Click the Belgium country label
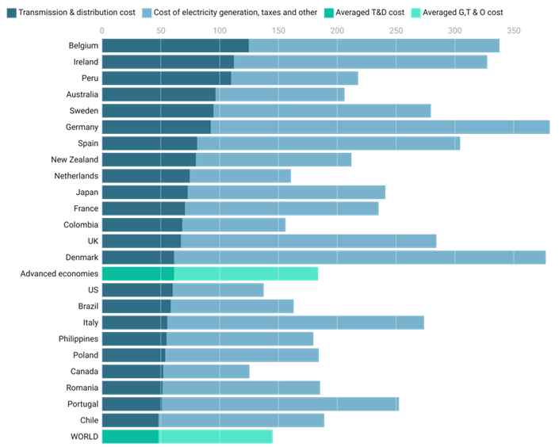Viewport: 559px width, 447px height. click(x=83, y=45)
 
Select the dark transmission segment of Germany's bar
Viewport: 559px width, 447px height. click(x=156, y=127)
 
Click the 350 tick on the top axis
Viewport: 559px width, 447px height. click(x=514, y=31)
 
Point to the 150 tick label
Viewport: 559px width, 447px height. click(x=278, y=31)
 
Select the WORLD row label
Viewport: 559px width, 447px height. click(x=84, y=437)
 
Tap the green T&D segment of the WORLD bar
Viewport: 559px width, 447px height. click(x=131, y=437)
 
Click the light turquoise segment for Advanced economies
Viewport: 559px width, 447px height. click(x=246, y=273)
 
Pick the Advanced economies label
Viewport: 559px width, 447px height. click(x=59, y=273)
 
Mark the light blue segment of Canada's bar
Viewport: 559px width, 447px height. click(x=206, y=372)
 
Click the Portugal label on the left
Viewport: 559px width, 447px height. click(x=82, y=404)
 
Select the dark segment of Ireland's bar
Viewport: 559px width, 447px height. click(x=168, y=62)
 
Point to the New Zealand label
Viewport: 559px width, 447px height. click(x=75, y=159)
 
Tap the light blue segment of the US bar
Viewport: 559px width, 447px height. click(x=218, y=290)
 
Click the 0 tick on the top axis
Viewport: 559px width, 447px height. click(x=101, y=31)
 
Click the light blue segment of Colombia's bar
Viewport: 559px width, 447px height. click(x=234, y=224)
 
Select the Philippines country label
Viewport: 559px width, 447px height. click(x=78, y=338)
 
